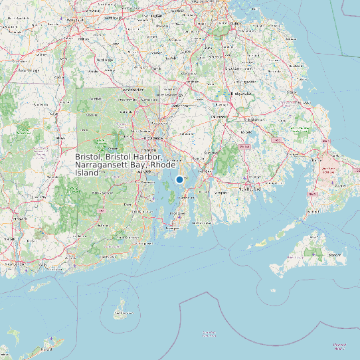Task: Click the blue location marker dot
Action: click(x=179, y=179)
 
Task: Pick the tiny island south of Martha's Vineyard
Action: click(x=272, y=290)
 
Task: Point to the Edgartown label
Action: click(x=334, y=254)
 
